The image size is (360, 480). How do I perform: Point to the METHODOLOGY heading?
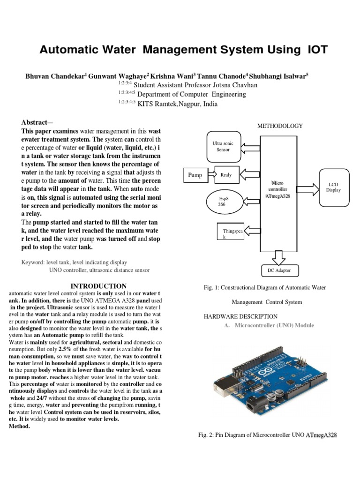point(280,126)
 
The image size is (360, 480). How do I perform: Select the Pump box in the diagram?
point(195,175)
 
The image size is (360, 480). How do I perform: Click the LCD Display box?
point(334,187)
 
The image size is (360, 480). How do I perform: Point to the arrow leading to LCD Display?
point(307,189)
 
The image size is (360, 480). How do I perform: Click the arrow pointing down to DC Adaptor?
point(278,257)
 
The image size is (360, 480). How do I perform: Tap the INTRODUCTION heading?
point(98,286)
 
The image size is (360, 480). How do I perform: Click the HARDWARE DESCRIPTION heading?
point(240,316)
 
